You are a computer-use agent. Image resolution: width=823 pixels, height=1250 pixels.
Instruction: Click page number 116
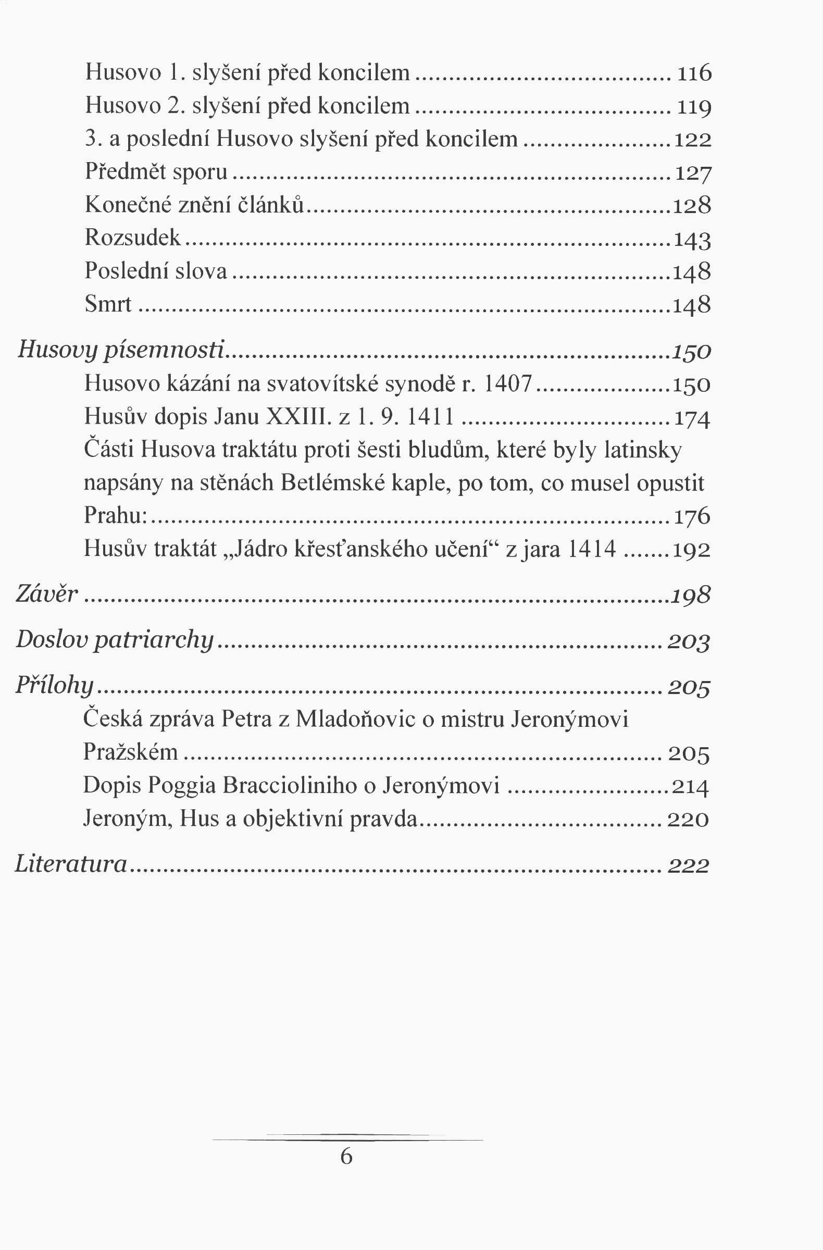click(x=694, y=73)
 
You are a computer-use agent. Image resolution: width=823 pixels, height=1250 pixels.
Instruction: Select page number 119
click(x=694, y=107)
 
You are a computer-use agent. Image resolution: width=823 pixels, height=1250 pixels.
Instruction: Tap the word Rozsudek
click(x=133, y=238)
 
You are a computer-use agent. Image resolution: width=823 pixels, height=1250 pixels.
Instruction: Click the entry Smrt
click(x=108, y=304)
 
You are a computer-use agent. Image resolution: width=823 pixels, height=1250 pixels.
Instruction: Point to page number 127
click(x=693, y=173)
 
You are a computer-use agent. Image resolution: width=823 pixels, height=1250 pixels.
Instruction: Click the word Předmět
click(x=126, y=172)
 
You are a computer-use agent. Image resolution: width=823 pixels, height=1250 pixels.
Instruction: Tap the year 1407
click(x=507, y=384)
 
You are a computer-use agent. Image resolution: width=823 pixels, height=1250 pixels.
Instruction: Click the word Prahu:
click(x=116, y=516)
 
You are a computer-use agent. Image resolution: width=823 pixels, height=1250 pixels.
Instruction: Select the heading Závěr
click(x=47, y=595)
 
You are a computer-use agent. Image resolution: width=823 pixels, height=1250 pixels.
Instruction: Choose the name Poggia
click(x=181, y=786)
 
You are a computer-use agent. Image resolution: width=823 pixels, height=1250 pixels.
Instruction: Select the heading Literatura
click(x=71, y=864)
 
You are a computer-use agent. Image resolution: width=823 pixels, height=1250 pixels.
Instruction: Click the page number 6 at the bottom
click(x=346, y=1157)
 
